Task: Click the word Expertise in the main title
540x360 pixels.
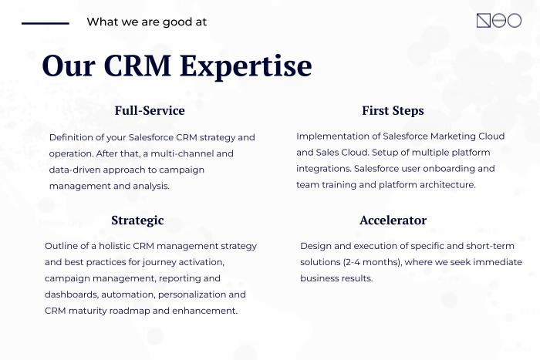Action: click(x=246, y=66)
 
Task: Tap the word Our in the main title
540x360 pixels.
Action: click(x=69, y=66)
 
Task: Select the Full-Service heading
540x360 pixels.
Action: click(x=150, y=110)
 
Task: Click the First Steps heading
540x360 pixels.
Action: click(x=393, y=111)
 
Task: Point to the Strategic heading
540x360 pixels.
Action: click(x=137, y=220)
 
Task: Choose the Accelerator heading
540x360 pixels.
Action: click(x=393, y=220)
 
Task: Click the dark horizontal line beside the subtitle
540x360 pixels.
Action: click(x=46, y=23)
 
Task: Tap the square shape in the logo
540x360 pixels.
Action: click(x=484, y=21)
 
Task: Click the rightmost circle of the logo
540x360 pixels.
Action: click(x=515, y=21)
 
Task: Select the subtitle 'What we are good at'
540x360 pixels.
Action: click(x=147, y=22)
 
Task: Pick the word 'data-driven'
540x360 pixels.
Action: click(x=74, y=170)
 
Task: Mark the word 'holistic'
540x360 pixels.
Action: click(x=114, y=246)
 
